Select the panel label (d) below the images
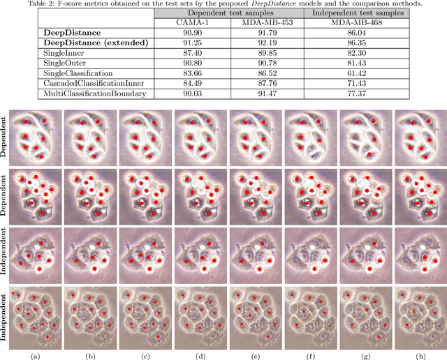[202, 355]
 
